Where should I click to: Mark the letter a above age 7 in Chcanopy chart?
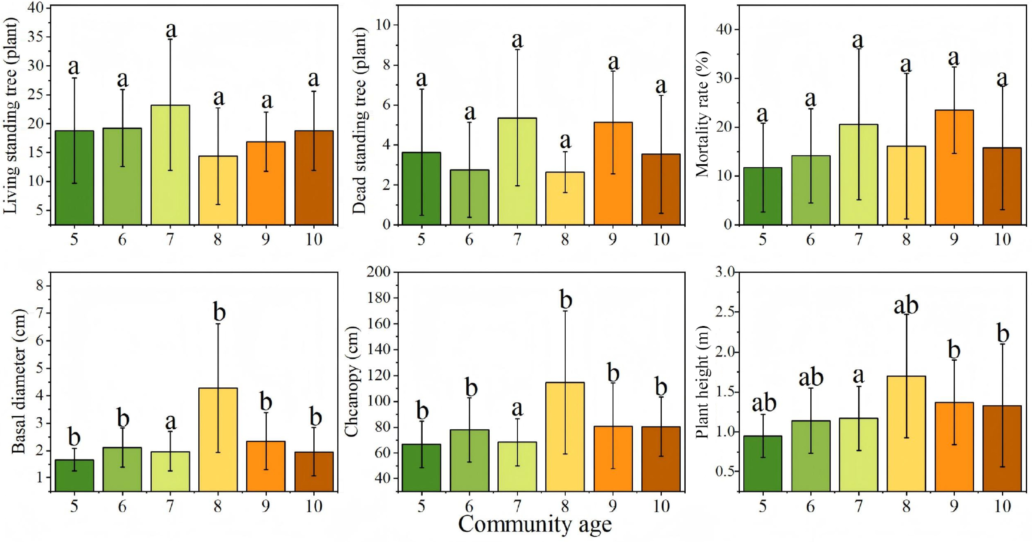pos(517,409)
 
